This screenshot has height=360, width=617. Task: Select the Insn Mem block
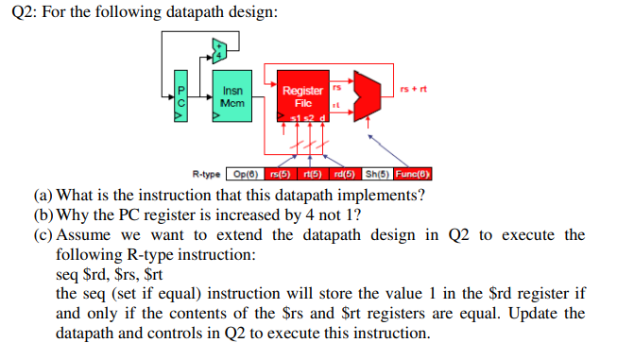click(231, 95)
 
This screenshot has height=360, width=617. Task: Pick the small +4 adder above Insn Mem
click(219, 49)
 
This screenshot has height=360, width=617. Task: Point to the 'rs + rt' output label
click(415, 90)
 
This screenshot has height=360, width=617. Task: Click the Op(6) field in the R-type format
click(243, 174)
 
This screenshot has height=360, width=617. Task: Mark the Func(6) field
click(412, 174)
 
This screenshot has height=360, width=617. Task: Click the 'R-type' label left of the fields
click(205, 174)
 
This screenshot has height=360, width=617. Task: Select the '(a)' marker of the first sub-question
click(43, 196)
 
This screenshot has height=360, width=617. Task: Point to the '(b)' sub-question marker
click(43, 214)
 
